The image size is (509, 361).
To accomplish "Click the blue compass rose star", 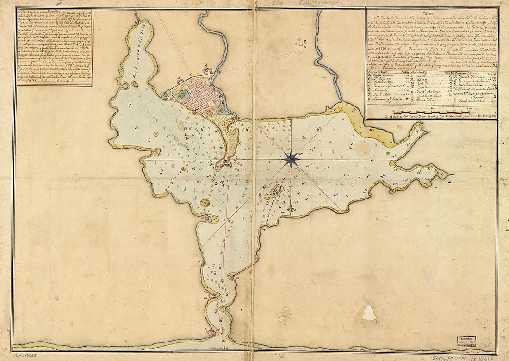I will point(291,159).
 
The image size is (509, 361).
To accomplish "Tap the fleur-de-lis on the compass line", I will point(290,209).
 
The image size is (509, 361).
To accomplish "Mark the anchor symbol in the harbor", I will point(223,185).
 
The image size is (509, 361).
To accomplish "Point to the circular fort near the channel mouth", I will point(211,332).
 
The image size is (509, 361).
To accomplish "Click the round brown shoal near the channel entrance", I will point(205,203).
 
